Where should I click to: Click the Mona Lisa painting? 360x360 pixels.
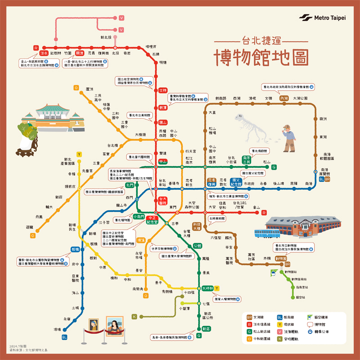tap(115, 326)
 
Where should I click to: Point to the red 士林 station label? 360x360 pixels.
tap(163, 90)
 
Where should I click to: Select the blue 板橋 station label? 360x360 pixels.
tap(75, 249)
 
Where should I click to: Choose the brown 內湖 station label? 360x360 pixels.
tap(283, 98)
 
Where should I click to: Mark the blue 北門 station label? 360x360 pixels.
tap(130, 185)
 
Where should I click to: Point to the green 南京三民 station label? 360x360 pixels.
tap(246, 160)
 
